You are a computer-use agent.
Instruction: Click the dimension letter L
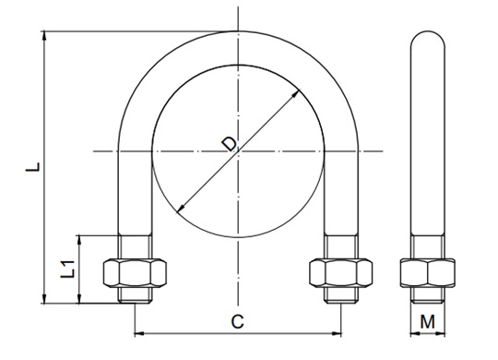pyautogui.click(x=33, y=167)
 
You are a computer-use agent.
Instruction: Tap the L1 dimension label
pyautogui.click(x=67, y=269)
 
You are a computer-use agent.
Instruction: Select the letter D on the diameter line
pyautogui.click(x=230, y=144)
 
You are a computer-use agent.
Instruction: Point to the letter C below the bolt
pyautogui.click(x=237, y=321)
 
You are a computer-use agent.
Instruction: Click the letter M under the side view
pyautogui.click(x=427, y=321)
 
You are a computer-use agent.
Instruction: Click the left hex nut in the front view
pyautogui.click(x=135, y=273)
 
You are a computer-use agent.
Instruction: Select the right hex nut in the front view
pyautogui.click(x=341, y=273)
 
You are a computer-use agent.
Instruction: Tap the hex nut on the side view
pyautogui.click(x=428, y=273)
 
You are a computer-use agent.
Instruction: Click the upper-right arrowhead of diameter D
pyautogui.click(x=296, y=94)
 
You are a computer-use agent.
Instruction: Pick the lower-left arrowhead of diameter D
pyautogui.click(x=181, y=209)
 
